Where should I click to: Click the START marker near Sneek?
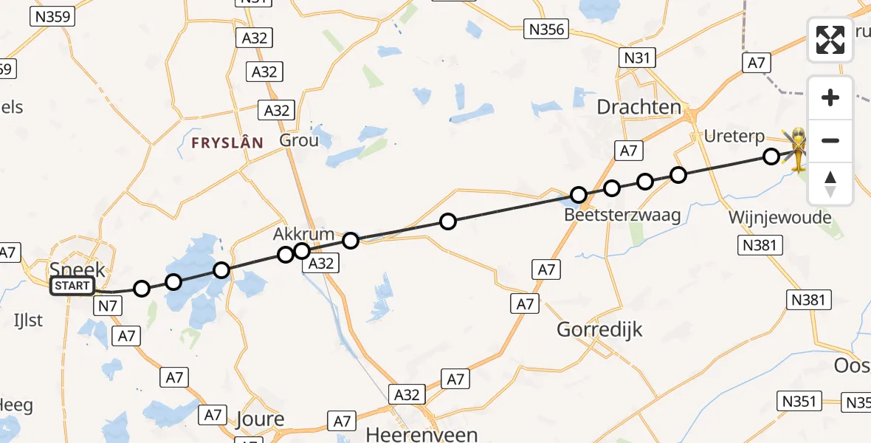(72, 286)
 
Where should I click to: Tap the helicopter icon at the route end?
(798, 149)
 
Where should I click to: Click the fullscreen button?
(830, 40)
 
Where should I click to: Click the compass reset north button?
(830, 184)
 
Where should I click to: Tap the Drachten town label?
(638, 107)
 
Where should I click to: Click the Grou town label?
(299, 140)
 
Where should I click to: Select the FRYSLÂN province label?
(227, 143)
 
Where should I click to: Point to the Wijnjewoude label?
(779, 218)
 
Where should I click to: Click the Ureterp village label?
(734, 137)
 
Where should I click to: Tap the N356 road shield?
(546, 30)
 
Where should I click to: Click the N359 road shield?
(52, 16)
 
